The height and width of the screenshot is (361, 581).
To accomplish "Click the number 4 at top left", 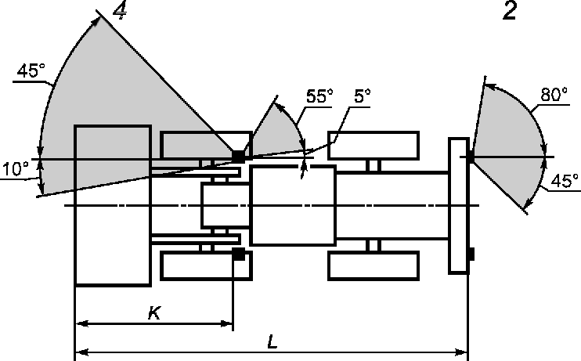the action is (x=121, y=11).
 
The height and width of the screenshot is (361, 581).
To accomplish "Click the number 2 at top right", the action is (x=510, y=12).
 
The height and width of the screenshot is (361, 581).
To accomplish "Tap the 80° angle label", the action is (x=554, y=95).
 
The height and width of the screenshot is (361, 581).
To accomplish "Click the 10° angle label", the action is (x=15, y=168).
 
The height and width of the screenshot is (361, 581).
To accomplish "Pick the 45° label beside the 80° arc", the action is (x=565, y=180).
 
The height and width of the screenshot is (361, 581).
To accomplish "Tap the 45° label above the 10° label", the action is (x=31, y=70).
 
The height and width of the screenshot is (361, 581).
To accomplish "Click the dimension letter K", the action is (x=154, y=312).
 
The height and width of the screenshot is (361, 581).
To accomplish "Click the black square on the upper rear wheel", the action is (x=238, y=157).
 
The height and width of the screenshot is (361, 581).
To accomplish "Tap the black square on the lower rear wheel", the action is (x=239, y=254).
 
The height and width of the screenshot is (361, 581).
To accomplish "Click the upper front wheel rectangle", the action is (x=372, y=146).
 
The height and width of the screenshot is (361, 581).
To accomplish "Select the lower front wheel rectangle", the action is (x=372, y=265).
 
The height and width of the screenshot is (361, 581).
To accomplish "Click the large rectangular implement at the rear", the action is (x=112, y=205).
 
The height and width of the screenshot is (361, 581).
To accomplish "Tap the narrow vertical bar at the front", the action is (x=458, y=205).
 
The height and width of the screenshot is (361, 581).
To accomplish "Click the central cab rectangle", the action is (x=292, y=205).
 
